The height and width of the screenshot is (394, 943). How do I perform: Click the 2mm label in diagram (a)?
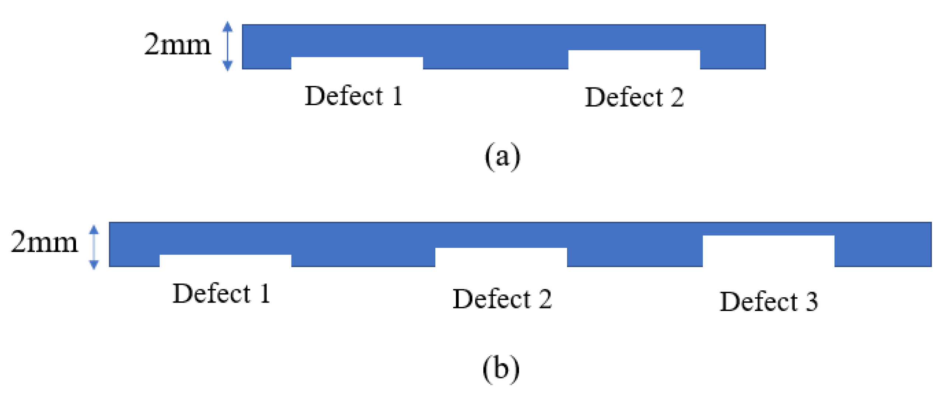tap(177, 44)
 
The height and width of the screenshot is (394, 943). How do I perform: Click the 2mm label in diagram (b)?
tap(44, 242)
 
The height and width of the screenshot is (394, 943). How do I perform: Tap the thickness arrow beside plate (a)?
tap(227, 46)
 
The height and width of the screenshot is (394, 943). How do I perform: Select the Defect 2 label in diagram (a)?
tap(633, 97)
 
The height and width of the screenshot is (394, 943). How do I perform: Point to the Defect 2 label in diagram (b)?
tap(502, 298)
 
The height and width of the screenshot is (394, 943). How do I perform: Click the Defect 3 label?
tap(768, 301)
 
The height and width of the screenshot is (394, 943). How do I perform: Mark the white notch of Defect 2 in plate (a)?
tap(633, 59)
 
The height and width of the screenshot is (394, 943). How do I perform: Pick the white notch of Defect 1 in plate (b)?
tap(225, 260)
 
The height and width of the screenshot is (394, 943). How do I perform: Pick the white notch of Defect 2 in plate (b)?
tap(501, 257)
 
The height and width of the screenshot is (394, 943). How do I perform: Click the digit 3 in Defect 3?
tap(811, 301)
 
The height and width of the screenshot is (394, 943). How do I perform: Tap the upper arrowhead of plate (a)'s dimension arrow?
tap(227, 26)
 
